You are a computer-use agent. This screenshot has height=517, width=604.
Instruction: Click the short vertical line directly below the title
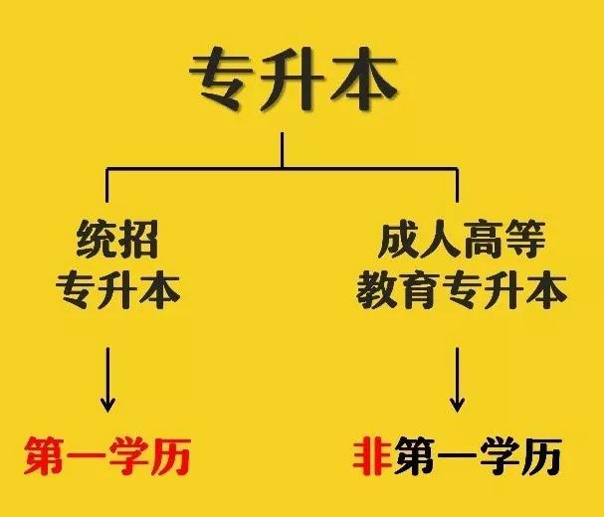(x=283, y=150)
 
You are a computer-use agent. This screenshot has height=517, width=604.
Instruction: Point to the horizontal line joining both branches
(x=283, y=168)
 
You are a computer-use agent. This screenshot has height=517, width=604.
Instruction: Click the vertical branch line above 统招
(x=107, y=185)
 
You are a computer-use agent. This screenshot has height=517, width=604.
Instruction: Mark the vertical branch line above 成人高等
(x=458, y=185)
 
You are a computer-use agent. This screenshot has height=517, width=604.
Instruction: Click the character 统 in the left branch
(x=97, y=240)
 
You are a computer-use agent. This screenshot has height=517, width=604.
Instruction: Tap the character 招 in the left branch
(x=138, y=240)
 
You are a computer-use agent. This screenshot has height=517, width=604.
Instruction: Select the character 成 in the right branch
(x=399, y=240)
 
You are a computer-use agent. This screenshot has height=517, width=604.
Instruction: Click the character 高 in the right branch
(x=483, y=240)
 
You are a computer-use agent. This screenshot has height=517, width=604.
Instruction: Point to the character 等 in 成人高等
(x=524, y=240)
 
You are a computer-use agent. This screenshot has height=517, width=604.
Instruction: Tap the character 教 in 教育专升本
(x=377, y=290)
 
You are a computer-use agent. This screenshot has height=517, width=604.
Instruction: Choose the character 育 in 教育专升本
(x=419, y=290)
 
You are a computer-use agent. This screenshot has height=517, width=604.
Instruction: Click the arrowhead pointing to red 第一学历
(x=107, y=405)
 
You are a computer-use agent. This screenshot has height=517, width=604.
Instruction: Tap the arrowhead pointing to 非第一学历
(x=458, y=405)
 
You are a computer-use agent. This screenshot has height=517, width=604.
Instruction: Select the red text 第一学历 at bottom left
(x=107, y=456)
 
